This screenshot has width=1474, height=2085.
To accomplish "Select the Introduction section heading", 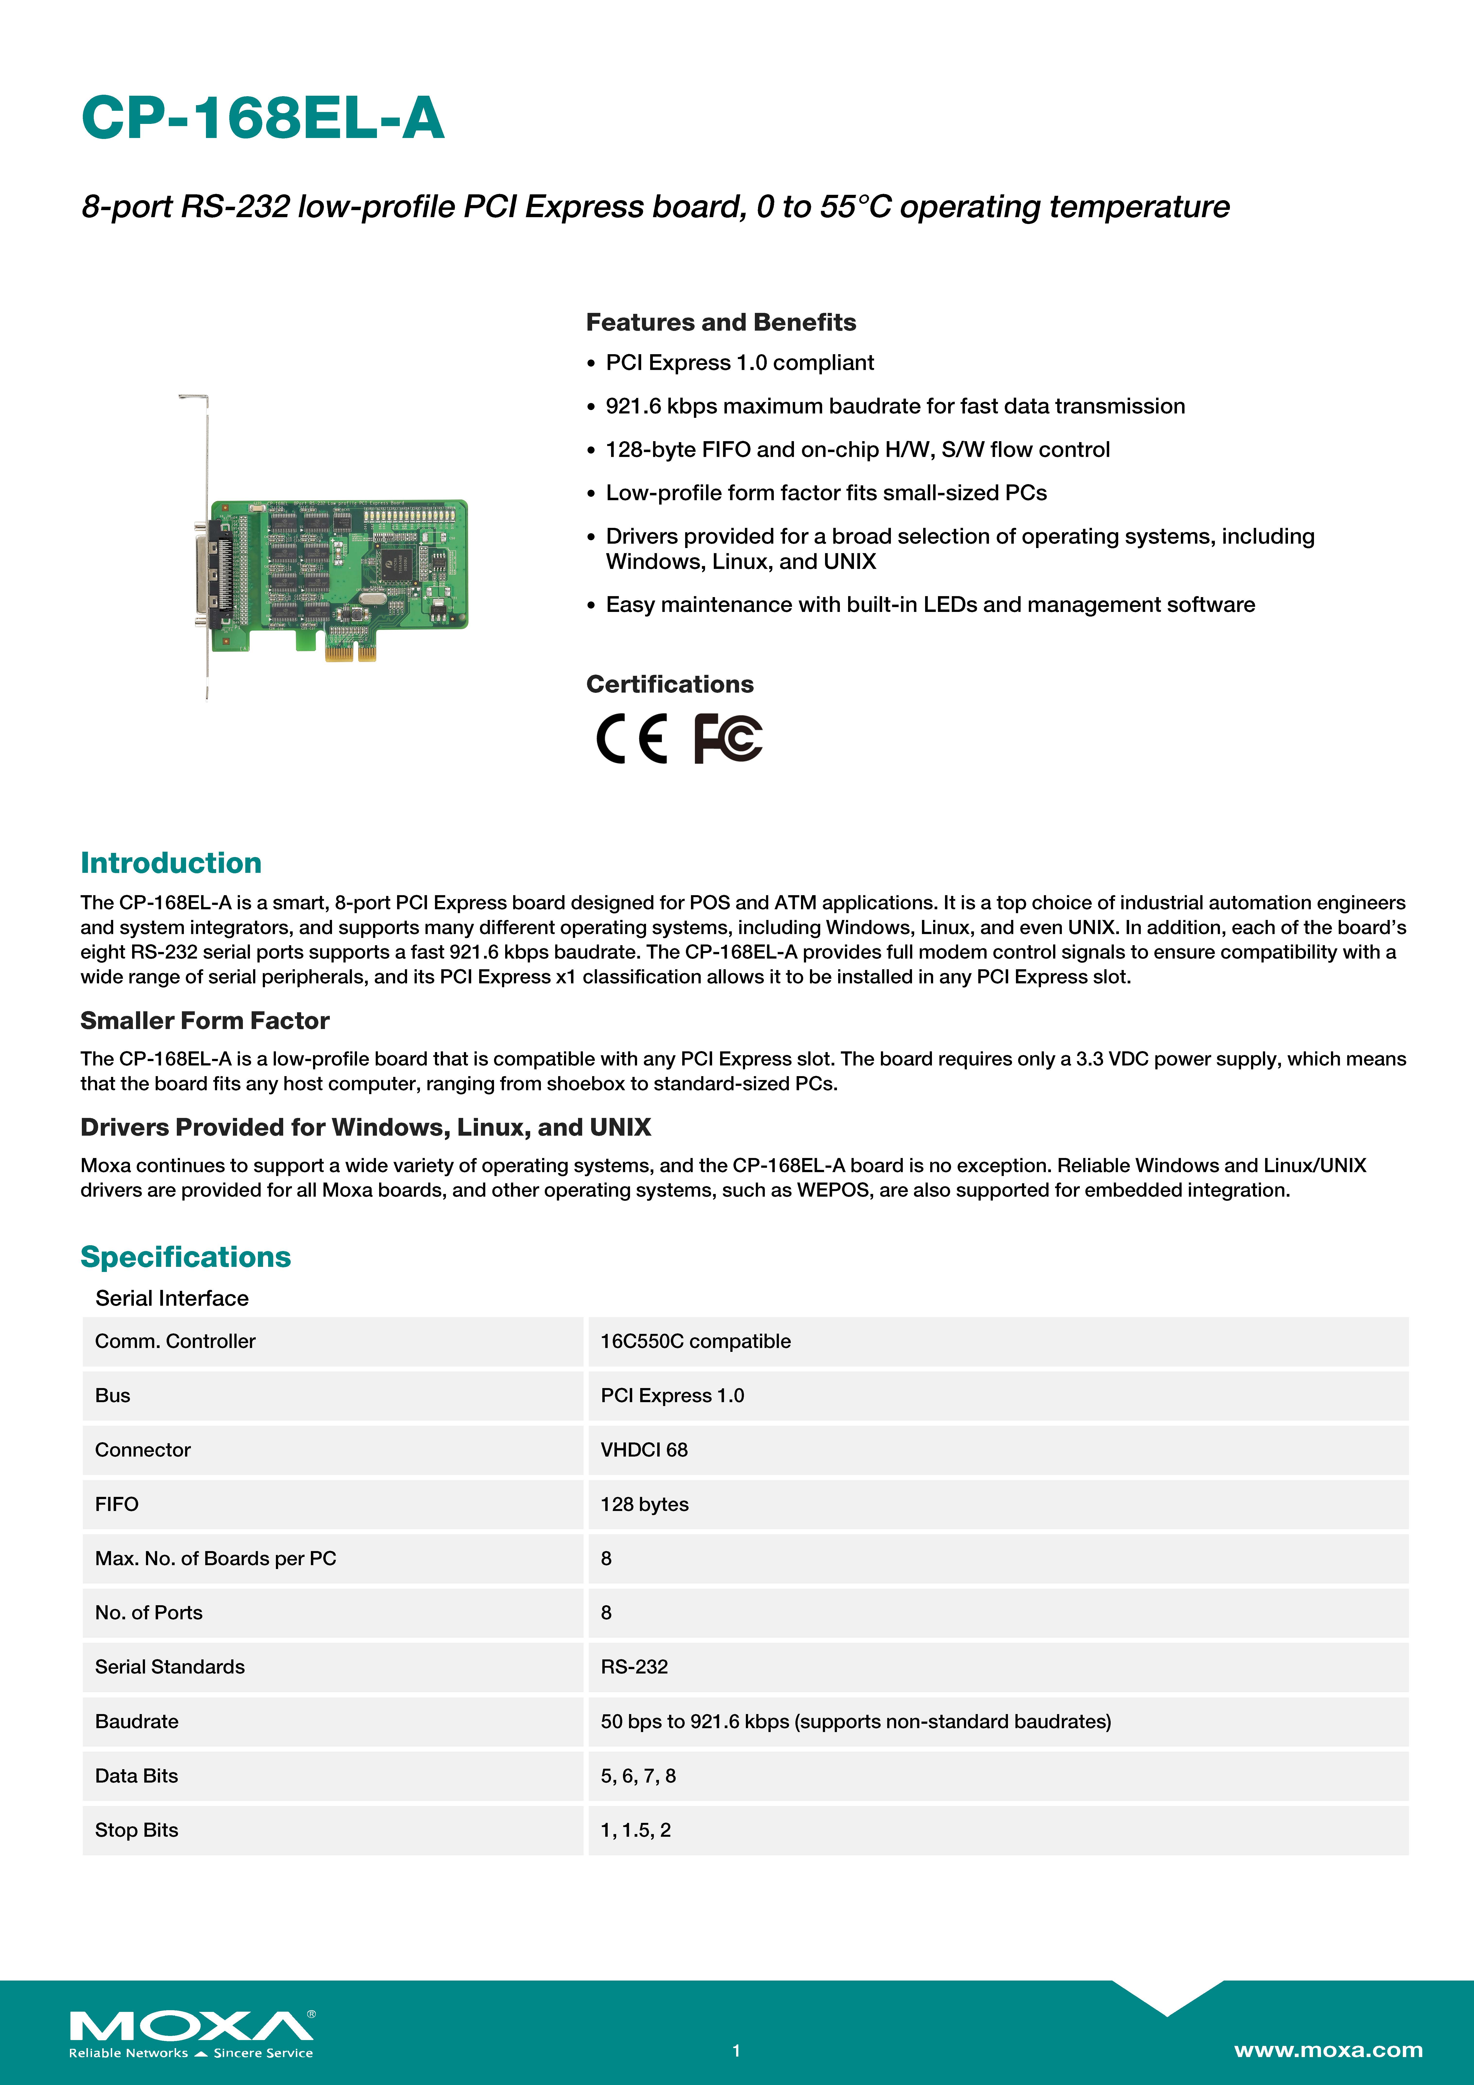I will point(171,863).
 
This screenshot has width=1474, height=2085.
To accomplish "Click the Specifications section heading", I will point(185,1257).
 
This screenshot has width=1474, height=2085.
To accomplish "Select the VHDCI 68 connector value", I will point(644,1450).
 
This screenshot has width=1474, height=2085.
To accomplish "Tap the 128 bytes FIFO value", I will point(644,1505).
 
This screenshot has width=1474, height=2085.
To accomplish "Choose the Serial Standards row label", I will point(170,1667).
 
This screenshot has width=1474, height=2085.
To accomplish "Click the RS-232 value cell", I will point(634,1667).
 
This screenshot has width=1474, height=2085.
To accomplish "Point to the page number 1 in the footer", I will point(737,2051).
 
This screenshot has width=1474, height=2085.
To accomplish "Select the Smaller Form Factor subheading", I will point(204,1021).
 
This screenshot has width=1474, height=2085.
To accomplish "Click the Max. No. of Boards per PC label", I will point(215,1558).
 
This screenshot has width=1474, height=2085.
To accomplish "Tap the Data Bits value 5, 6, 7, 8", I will point(638,1776).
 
